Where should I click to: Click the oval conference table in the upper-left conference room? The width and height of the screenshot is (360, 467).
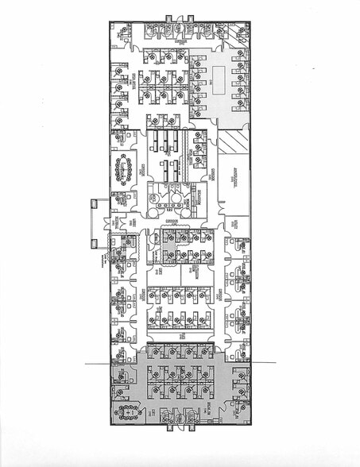click(x=126, y=169)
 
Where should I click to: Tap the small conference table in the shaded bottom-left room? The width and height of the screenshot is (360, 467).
click(x=126, y=411)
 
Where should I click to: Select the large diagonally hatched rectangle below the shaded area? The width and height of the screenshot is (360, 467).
click(x=234, y=144)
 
